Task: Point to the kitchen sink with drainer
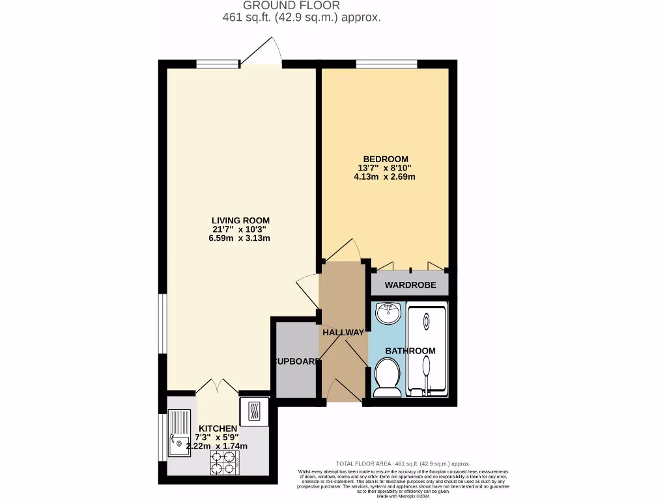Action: coord(179,433)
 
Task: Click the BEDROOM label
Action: coord(386,160)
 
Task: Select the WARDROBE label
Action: coord(410,285)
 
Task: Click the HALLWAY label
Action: coord(343,333)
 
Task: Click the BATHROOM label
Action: coord(410,351)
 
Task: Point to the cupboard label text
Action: coord(296,361)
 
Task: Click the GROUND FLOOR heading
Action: coord(300,6)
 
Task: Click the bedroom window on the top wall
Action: coord(386,63)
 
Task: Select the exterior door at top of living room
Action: coord(261,63)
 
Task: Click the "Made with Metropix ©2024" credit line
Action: coord(404,496)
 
